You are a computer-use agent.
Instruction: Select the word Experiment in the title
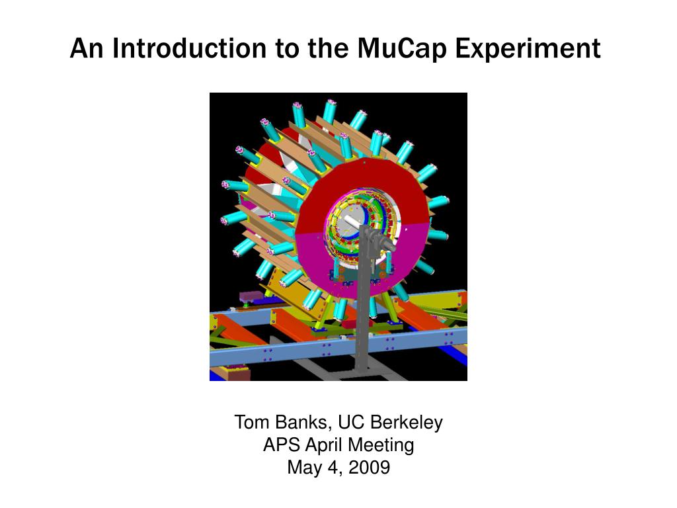click(528, 48)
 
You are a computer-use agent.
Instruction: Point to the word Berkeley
click(407, 423)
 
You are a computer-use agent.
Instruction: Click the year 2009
click(369, 468)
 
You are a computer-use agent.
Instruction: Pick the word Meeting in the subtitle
click(381, 445)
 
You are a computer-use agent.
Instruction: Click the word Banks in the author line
click(303, 423)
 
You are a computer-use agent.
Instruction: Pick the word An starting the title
click(87, 48)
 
